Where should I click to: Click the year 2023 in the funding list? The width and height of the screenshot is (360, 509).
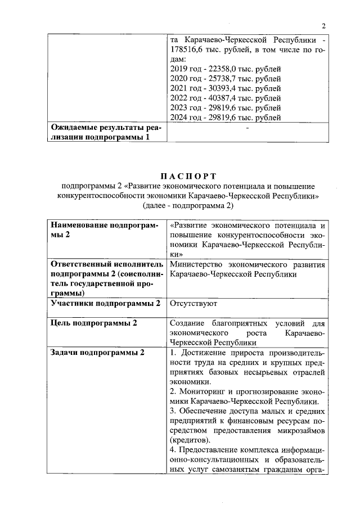pos(178,107)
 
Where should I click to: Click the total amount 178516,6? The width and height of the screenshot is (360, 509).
pos(187,50)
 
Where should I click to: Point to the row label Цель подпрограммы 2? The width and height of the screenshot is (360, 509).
pos(94,322)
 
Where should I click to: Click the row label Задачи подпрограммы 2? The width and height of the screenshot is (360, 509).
pos(97,352)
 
